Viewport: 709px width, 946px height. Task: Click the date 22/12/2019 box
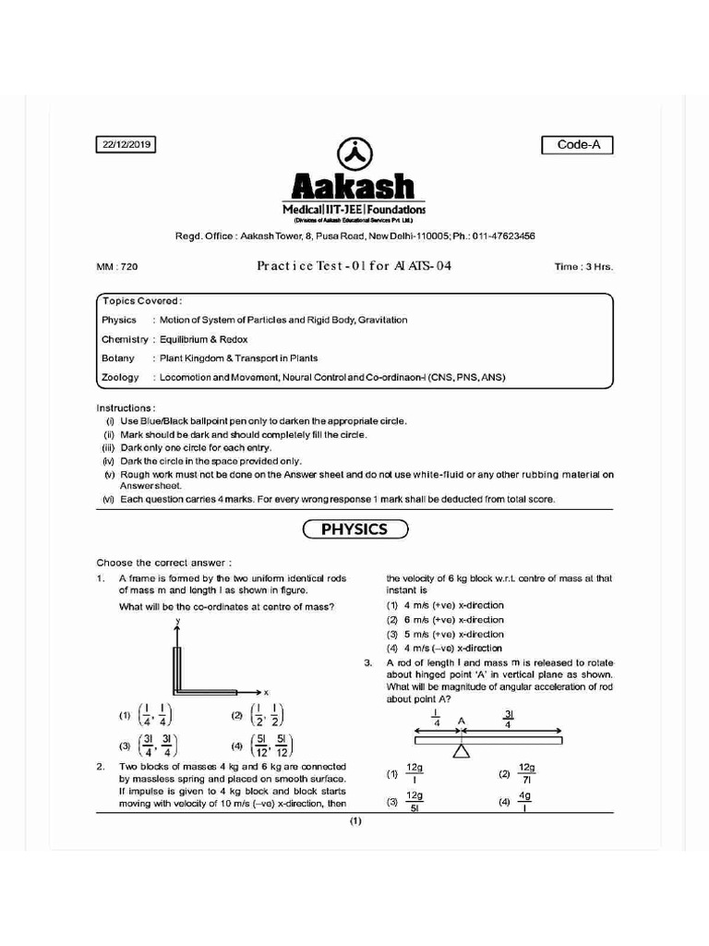pyautogui.click(x=126, y=144)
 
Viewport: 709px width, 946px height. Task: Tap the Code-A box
pyautogui.click(x=577, y=145)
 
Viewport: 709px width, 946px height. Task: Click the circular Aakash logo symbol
pyautogui.click(x=354, y=154)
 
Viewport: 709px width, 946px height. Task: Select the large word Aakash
pyautogui.click(x=354, y=188)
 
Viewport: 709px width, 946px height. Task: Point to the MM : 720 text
pyautogui.click(x=117, y=267)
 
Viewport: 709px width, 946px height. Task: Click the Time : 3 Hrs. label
pyautogui.click(x=583, y=267)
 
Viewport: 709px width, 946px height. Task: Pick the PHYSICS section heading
pyautogui.click(x=354, y=530)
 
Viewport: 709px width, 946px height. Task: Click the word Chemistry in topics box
pyautogui.click(x=125, y=339)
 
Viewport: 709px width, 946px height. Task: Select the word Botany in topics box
pyautogui.click(x=118, y=358)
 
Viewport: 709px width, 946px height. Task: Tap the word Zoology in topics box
pyautogui.click(x=120, y=377)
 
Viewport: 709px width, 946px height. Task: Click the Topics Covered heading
pyautogui.click(x=142, y=301)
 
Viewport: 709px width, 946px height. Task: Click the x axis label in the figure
pyautogui.click(x=266, y=691)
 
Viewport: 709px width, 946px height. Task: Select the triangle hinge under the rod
pyautogui.click(x=460, y=750)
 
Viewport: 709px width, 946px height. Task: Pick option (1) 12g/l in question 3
pyautogui.click(x=406, y=773)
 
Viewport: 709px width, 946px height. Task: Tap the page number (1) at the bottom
pyautogui.click(x=354, y=821)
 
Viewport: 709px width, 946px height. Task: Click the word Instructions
pyautogui.click(x=126, y=407)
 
